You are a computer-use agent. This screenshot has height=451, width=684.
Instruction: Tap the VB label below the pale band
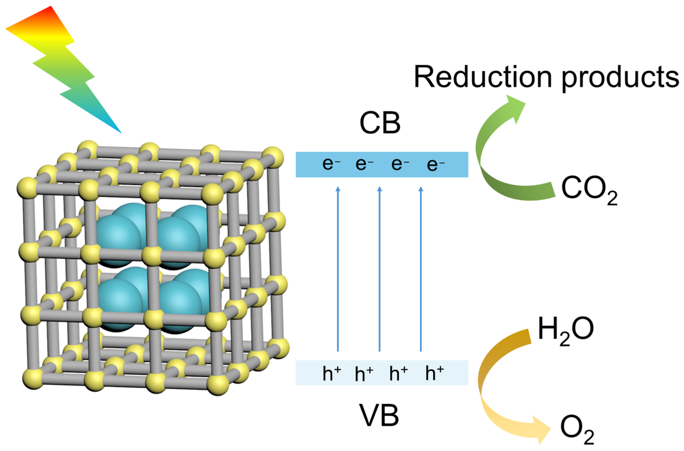coord(379,416)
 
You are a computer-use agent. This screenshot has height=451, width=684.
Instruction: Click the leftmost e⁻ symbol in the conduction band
coord(331,164)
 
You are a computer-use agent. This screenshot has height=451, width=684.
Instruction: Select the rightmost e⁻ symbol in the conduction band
coord(435,165)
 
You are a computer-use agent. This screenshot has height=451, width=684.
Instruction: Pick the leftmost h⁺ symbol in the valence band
coord(332,373)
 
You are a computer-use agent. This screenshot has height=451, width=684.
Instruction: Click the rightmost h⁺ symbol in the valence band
coord(434,373)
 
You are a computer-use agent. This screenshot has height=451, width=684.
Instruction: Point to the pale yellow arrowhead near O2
coord(540,430)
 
